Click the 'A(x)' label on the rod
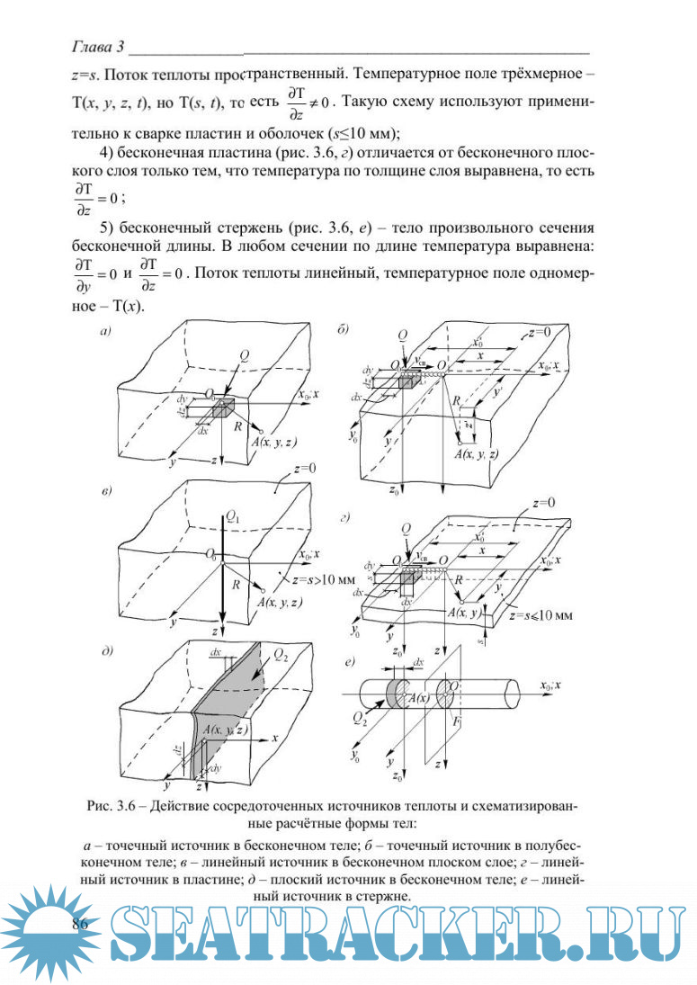coord(417,699)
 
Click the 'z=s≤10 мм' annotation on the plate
coord(541,616)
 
